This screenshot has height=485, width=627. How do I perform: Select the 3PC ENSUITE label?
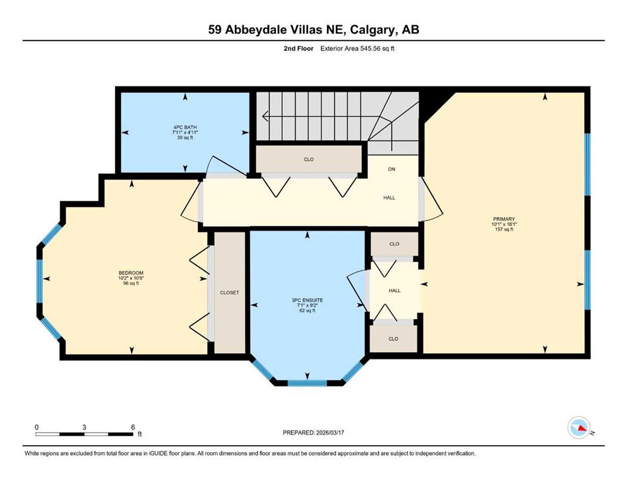[x=308, y=299]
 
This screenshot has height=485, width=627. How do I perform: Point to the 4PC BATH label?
[x=185, y=128]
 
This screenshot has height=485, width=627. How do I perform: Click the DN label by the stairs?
[x=391, y=170]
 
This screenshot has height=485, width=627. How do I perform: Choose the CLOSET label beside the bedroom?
[x=229, y=292]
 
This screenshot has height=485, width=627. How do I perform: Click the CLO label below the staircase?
[x=309, y=159]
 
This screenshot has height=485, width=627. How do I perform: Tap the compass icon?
[x=579, y=428]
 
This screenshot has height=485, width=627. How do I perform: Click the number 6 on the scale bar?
[x=133, y=427]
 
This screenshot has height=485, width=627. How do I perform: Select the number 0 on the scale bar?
[x=37, y=427]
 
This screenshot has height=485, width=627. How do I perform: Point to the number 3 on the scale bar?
[x=85, y=427]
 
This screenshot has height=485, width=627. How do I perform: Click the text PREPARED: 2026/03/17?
[x=313, y=433]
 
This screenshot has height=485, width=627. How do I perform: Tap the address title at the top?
[x=313, y=30]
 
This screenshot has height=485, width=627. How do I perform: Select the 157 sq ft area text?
[x=503, y=229]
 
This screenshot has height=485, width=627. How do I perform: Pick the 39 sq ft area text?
[x=185, y=138]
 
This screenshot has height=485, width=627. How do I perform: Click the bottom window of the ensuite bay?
[x=308, y=382]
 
